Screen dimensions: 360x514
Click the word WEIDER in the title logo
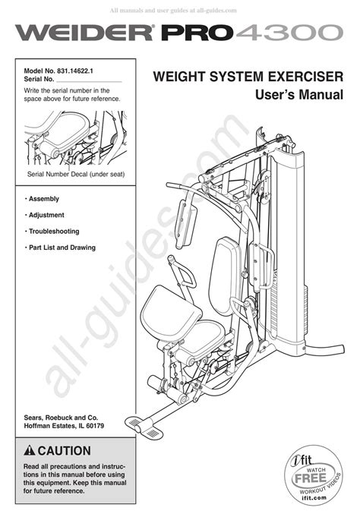click(x=84, y=33)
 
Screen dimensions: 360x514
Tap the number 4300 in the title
click(x=289, y=33)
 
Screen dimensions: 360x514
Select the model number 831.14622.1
click(x=75, y=71)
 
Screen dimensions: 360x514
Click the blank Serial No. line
click(x=89, y=81)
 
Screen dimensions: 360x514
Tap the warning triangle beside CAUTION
click(x=30, y=451)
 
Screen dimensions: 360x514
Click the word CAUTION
click(x=65, y=451)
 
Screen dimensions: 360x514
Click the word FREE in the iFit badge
click(x=310, y=478)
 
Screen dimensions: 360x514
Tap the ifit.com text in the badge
click(x=314, y=497)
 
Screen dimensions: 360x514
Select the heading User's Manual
click(x=299, y=95)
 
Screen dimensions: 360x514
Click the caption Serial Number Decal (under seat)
click(x=76, y=175)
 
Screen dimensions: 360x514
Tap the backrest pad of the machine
click(x=225, y=276)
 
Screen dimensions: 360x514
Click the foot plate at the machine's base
click(x=144, y=427)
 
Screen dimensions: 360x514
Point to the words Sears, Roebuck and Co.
click(x=61, y=418)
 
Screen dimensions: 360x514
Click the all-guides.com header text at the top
click(x=173, y=11)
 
